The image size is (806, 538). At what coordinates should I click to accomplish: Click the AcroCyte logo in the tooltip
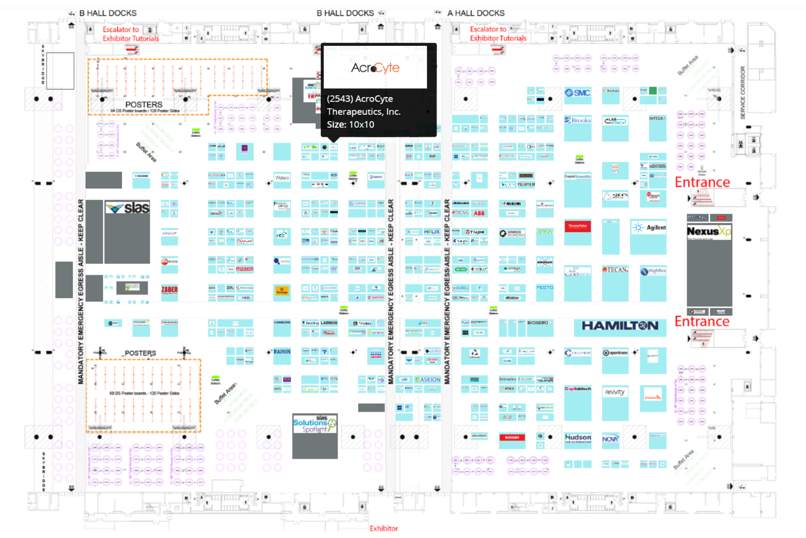[x=375, y=68]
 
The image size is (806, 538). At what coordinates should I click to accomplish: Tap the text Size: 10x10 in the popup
[x=350, y=124]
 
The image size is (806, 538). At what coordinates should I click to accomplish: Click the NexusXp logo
[x=709, y=232]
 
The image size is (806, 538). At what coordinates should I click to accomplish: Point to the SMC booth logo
[x=578, y=93]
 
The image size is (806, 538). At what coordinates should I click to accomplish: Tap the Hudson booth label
[x=578, y=438]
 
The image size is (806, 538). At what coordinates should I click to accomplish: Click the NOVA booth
[x=610, y=439]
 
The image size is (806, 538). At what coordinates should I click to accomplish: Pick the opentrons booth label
[x=615, y=353]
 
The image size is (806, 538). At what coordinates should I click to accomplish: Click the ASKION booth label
[x=428, y=380]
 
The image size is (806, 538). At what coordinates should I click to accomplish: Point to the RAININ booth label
[x=282, y=352]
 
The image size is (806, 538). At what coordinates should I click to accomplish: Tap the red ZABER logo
[x=170, y=290]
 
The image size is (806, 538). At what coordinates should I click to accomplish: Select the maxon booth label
[x=244, y=269]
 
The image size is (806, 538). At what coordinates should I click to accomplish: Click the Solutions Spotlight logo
[x=315, y=425]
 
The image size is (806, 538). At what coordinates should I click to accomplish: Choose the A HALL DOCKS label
[x=476, y=13]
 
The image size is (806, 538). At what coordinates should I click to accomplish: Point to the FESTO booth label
[x=544, y=288]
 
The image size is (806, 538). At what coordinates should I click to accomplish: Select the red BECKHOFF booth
[x=512, y=438]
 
